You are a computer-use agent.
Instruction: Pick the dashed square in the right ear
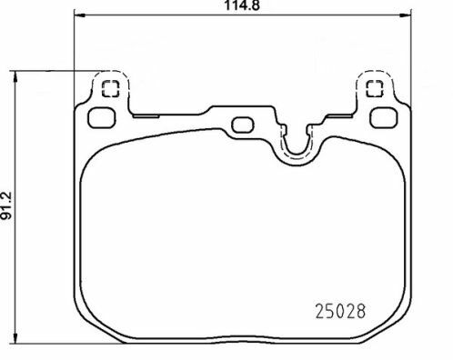coord(373,89)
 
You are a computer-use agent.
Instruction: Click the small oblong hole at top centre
coord(243,125)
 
